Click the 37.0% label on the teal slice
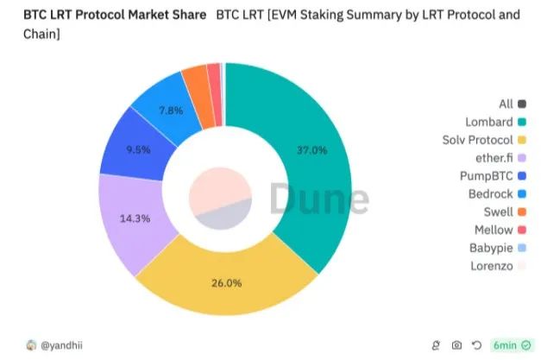point(311,150)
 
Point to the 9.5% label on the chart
point(138,149)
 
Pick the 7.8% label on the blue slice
point(170,111)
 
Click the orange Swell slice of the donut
point(195,79)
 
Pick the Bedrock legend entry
point(493,194)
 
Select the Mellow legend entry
point(494,230)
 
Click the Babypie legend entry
point(493,248)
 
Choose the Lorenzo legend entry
point(494,266)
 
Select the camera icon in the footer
point(456,345)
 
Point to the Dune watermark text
point(319,198)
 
